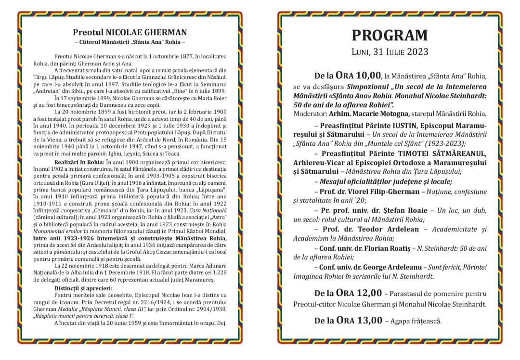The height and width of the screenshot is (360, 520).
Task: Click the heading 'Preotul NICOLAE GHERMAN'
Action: coord(130,33)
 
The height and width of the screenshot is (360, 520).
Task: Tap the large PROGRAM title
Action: coord(390,35)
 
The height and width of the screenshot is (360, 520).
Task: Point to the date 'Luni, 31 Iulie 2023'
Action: coord(390,51)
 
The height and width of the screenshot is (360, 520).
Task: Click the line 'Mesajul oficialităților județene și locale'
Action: coord(385,181)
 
